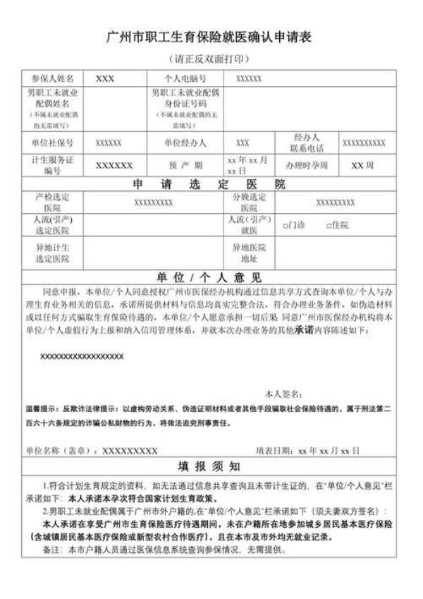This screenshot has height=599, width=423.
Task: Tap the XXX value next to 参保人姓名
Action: pos(105,78)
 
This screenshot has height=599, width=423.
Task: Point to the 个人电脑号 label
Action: pos(185,78)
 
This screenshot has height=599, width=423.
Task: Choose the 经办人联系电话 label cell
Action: pos(307,143)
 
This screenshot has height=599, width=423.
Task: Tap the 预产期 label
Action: pos(185,165)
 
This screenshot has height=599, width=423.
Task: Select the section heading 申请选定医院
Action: pos(209,184)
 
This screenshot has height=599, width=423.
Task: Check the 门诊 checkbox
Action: pos(286,226)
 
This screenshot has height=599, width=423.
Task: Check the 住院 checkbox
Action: pos(329,226)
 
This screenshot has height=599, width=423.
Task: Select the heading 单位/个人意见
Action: pos(209,277)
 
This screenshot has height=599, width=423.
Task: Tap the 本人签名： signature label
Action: pos(284,392)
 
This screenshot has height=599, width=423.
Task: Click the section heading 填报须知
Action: pos(209,467)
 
